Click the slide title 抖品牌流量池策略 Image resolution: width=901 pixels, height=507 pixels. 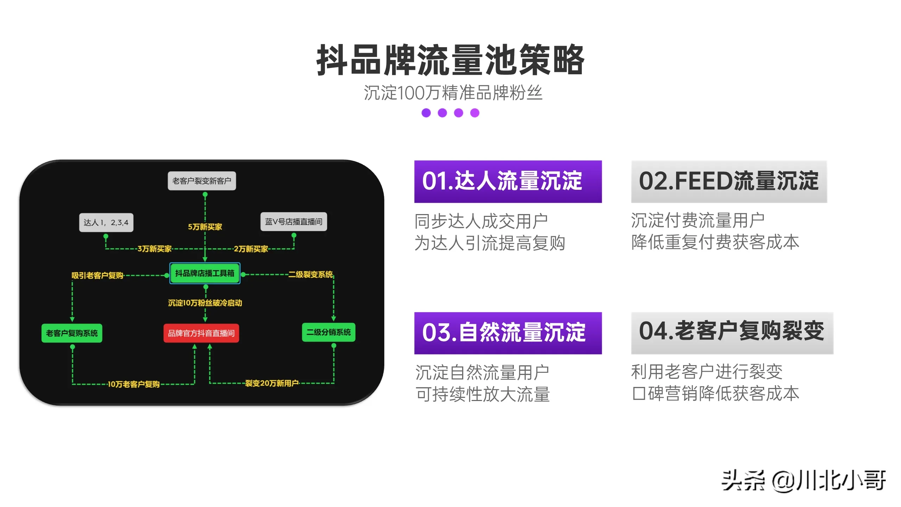click(x=450, y=60)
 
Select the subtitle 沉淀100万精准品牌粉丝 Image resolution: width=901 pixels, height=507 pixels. click(x=453, y=93)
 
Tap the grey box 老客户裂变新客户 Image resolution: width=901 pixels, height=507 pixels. click(x=202, y=181)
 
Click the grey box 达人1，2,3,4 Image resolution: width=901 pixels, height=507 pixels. click(x=106, y=223)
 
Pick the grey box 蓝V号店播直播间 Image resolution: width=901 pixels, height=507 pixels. click(x=294, y=222)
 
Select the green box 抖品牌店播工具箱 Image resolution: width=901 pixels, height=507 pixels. click(x=205, y=273)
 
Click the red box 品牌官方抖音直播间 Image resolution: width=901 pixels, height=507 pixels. click(x=201, y=333)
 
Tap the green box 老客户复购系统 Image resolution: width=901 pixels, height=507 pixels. click(x=72, y=333)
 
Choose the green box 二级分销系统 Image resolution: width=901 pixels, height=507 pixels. click(x=328, y=332)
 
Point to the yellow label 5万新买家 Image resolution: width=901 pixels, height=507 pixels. click(x=205, y=227)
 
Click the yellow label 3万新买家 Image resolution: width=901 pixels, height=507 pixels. click(x=155, y=249)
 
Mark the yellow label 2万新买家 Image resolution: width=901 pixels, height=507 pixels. click(x=251, y=249)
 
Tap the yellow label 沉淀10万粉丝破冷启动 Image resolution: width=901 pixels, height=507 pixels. click(x=205, y=303)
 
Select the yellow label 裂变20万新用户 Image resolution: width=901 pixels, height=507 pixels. click(x=272, y=383)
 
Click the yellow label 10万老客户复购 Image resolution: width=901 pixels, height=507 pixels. click(x=133, y=384)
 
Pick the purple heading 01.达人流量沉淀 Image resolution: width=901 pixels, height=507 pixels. click(x=508, y=181)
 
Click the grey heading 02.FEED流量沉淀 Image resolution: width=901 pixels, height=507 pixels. click(x=729, y=181)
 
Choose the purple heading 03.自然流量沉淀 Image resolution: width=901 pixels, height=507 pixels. click(x=508, y=333)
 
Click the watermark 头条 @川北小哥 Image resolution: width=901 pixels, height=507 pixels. click(x=804, y=480)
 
